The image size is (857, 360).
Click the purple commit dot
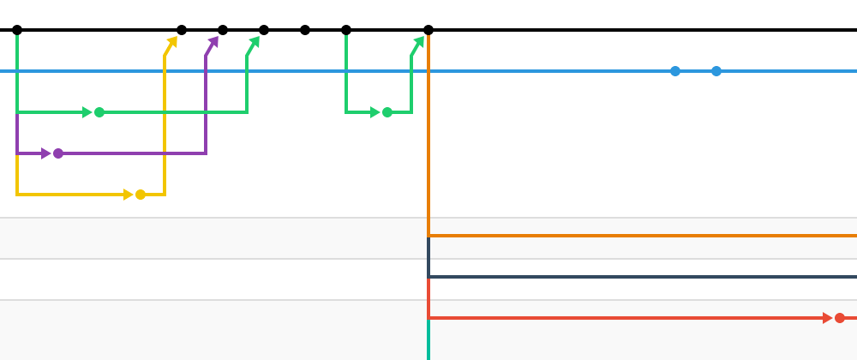click(58, 153)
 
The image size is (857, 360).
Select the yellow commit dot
click(141, 195)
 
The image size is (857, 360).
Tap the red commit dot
click(840, 318)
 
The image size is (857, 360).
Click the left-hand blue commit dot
click(675, 71)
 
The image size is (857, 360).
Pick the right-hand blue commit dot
click(716, 71)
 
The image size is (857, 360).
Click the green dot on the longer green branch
click(99, 112)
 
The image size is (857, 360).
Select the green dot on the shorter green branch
click(387, 112)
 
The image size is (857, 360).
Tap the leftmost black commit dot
click(17, 30)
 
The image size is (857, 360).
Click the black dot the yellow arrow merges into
click(182, 30)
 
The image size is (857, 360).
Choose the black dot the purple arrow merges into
click(223, 30)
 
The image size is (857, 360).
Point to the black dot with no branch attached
click(305, 30)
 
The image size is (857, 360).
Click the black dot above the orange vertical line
click(428, 30)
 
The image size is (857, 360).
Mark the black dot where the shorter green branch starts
click(346, 30)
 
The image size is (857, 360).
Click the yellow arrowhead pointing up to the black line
click(172, 41)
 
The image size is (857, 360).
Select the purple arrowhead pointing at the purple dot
click(46, 153)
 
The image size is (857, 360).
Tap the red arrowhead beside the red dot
click(827, 318)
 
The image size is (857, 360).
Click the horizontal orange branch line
click(643, 235)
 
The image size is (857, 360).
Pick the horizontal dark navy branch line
click(643, 277)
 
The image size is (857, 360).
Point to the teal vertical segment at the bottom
click(428, 341)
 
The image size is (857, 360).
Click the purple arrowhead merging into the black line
click(213, 41)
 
